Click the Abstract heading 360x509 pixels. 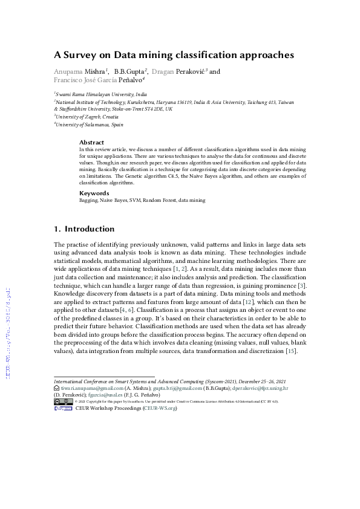[91, 143]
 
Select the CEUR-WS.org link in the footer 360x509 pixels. [160, 409]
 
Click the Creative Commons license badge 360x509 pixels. [64, 401]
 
